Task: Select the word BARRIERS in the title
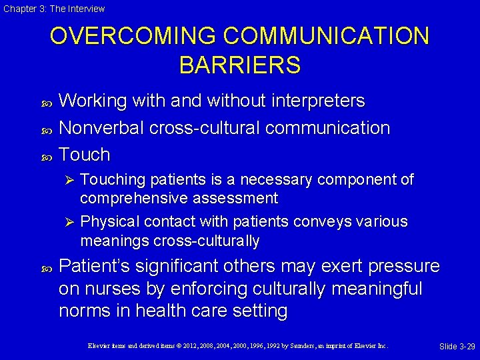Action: (240, 65)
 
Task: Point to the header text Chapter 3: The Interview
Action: (53, 9)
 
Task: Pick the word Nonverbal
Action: (101, 128)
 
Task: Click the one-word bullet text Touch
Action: (84, 155)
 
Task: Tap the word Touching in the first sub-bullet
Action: (112, 180)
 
